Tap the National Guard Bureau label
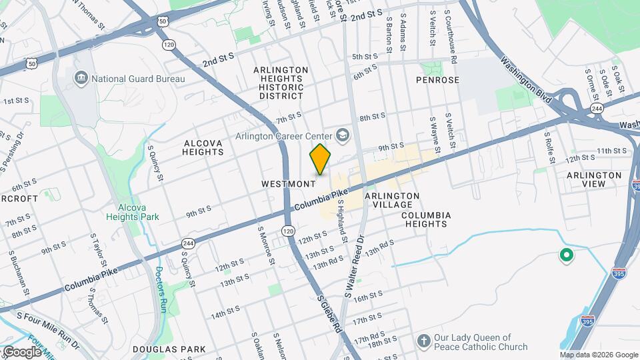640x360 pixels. pos(138,79)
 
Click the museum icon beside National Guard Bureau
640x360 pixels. pos(81,79)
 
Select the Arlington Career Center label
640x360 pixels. pos(284,136)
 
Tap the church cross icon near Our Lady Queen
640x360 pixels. pos(423,341)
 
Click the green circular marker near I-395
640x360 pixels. pos(566,254)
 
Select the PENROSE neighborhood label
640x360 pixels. pos(437,80)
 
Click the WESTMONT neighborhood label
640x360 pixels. pos(288,183)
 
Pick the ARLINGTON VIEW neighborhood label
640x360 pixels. pos(594,180)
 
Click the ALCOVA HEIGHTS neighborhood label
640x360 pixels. pos(203,147)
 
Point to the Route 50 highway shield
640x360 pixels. pos(163,22)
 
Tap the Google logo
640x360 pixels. pos(21,351)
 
